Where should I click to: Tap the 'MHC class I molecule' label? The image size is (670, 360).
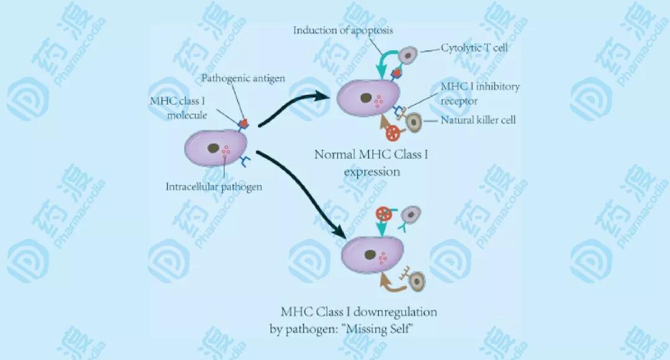point(177,107)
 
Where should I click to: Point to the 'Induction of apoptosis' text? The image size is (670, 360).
point(342,30)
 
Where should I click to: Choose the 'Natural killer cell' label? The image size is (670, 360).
point(478,120)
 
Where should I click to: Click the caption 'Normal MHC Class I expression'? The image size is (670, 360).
point(371,163)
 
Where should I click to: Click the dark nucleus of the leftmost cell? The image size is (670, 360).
point(213,148)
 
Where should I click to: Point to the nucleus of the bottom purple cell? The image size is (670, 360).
point(370,254)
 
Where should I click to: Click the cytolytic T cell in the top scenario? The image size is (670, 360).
point(408,56)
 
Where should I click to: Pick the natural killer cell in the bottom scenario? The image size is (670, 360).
point(418,281)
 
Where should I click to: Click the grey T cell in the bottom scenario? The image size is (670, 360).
point(409,215)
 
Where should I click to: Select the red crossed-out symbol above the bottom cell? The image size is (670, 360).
point(385,214)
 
